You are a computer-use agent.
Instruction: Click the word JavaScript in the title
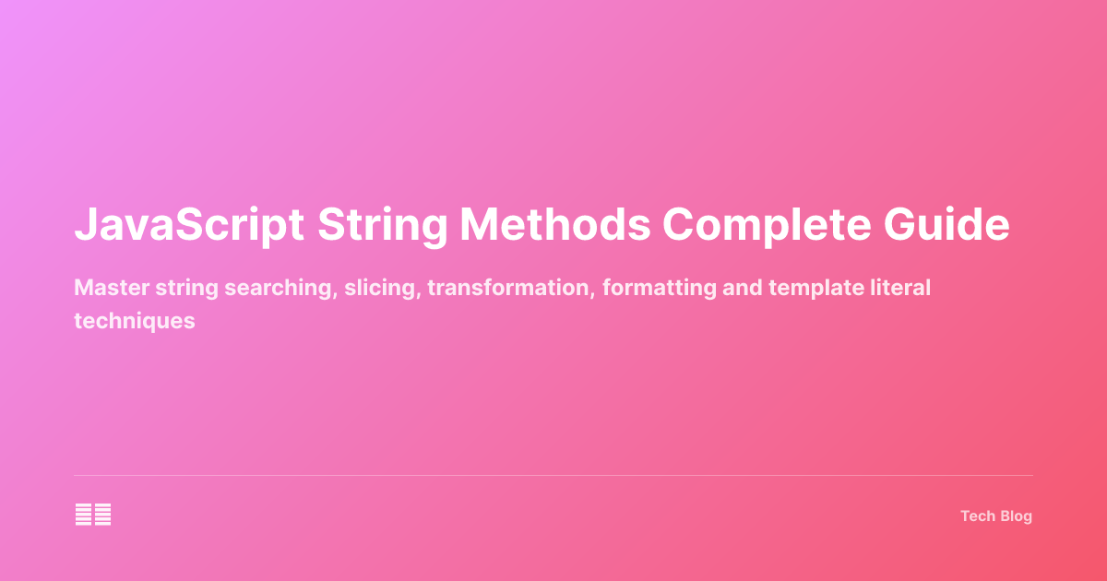coord(189,226)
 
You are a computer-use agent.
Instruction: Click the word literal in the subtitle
coord(898,289)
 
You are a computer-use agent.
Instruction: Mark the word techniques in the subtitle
coord(135,321)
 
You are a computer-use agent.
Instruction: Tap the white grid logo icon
coord(93,515)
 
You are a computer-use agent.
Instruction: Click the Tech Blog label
coord(996,516)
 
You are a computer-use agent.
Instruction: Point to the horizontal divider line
coord(553,476)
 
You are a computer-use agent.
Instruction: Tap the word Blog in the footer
coord(1014,516)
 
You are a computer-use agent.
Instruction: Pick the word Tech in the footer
coord(976,516)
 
